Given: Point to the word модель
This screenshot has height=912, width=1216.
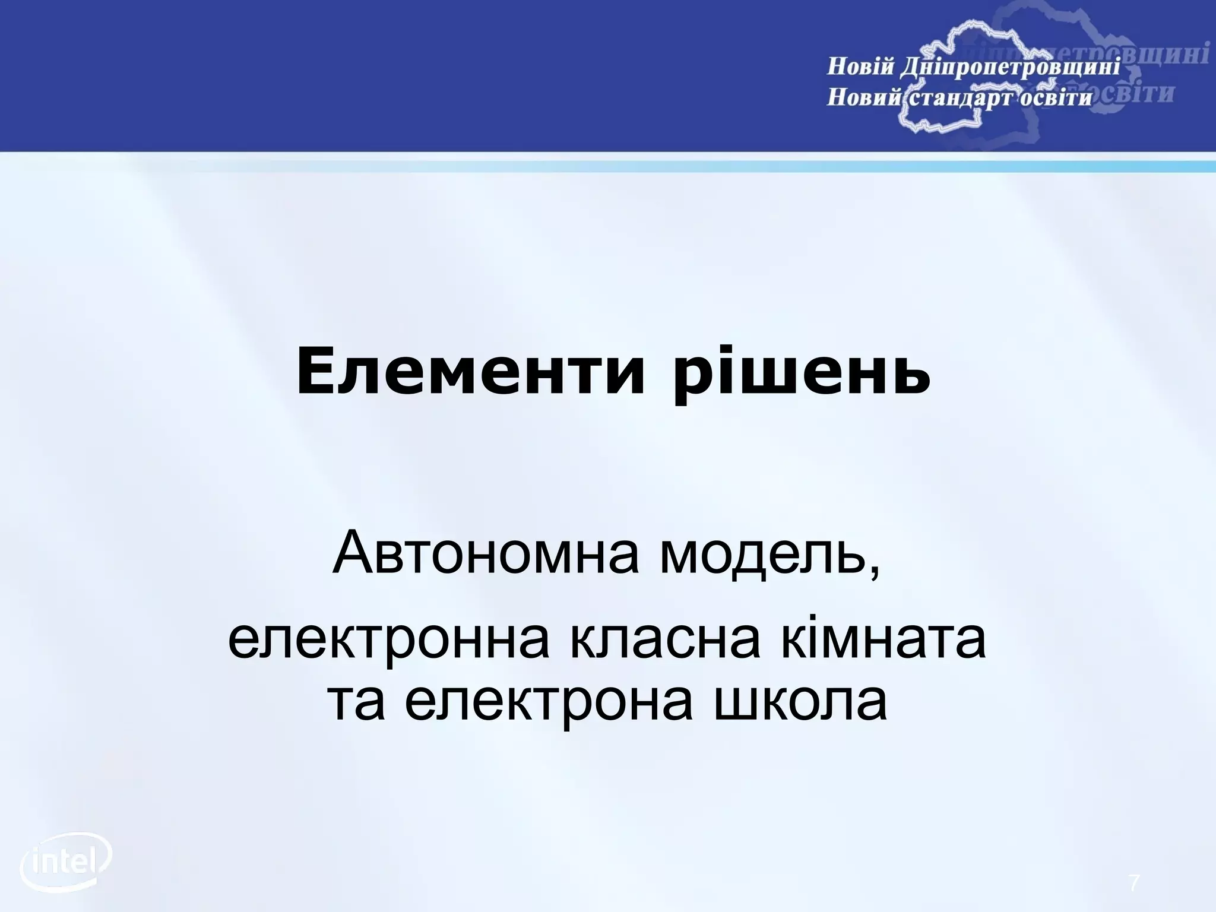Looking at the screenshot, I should click(x=761, y=555).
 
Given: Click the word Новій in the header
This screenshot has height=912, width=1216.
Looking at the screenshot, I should click(x=860, y=66).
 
